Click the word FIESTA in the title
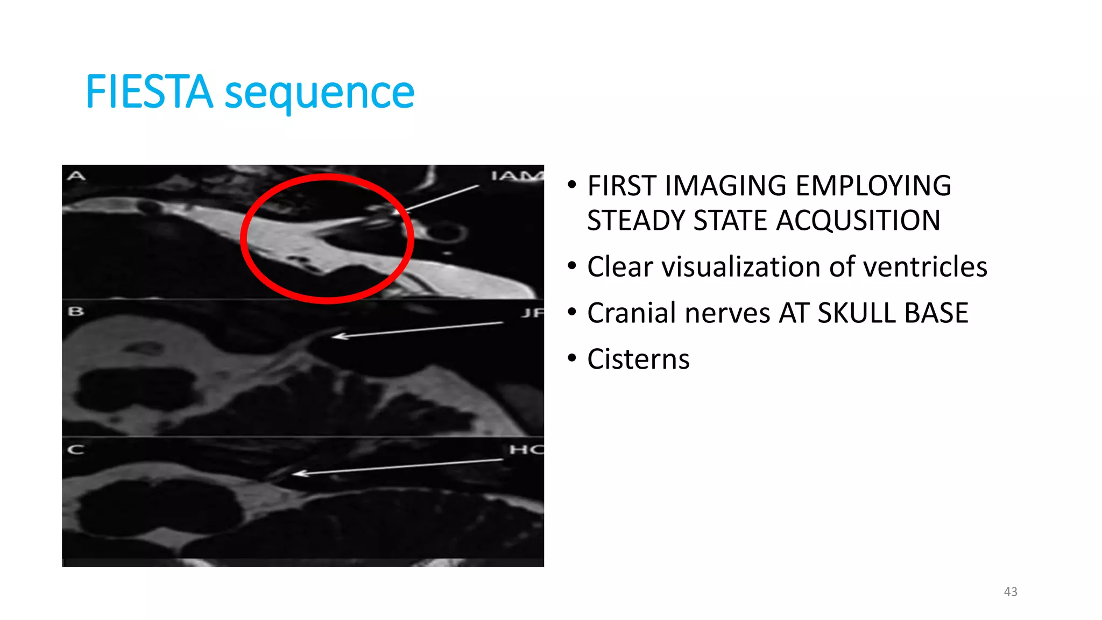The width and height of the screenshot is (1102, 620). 149,92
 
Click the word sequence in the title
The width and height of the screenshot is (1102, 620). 319,93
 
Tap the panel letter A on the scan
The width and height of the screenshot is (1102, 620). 76,175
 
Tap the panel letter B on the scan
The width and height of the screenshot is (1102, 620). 76,311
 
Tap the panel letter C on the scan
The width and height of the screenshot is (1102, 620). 76,449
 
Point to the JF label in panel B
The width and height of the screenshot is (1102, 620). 532,312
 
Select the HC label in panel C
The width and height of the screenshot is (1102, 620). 526,449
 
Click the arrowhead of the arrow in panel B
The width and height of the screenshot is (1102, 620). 336,336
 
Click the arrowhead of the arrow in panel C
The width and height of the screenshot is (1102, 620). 298,474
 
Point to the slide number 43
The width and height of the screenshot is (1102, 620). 1011,591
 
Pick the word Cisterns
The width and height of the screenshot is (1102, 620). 638,360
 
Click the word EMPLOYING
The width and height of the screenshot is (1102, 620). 873,186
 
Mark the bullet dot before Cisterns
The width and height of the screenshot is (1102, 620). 572,358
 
